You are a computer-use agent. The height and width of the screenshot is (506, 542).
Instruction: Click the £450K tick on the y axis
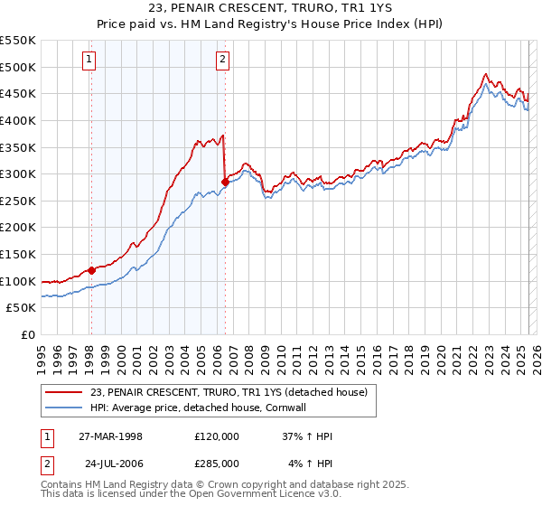click(18, 93)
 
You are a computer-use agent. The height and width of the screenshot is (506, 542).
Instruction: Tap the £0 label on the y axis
click(27, 334)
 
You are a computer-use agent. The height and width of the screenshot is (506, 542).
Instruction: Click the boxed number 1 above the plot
click(90, 61)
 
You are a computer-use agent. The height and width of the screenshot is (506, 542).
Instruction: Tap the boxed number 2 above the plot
click(222, 61)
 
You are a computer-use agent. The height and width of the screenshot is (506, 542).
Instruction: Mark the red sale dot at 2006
click(224, 182)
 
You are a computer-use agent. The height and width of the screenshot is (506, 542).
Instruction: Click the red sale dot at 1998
click(91, 270)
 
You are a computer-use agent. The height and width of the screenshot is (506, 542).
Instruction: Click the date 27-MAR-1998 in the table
click(110, 436)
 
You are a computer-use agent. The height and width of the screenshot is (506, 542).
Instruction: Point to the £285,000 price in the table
click(216, 463)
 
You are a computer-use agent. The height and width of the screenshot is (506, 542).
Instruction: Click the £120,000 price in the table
click(216, 436)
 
